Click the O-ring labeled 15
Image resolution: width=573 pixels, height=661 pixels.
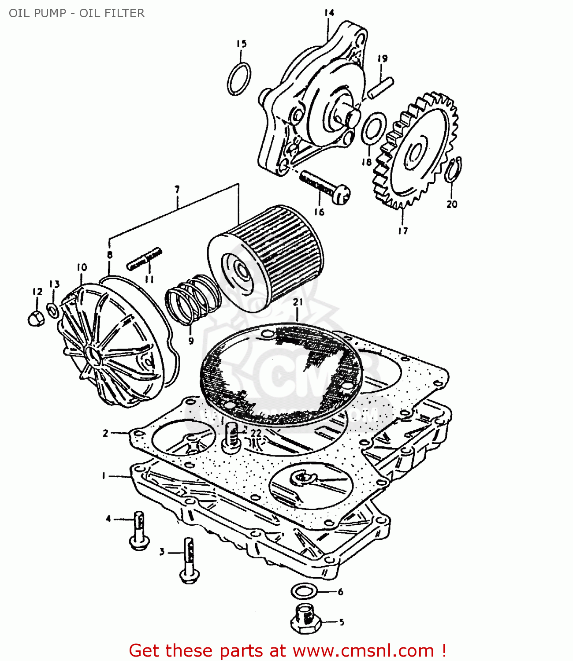click(x=239, y=79)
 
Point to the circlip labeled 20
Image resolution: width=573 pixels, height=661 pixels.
click(x=453, y=170)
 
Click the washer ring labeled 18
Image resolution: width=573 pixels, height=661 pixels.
click(x=374, y=128)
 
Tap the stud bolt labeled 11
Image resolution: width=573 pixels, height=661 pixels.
click(x=144, y=259)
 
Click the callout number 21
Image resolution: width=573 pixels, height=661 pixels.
click(x=298, y=302)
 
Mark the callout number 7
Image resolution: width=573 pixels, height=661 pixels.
click(x=177, y=190)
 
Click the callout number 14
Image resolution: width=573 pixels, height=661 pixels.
click(x=329, y=13)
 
